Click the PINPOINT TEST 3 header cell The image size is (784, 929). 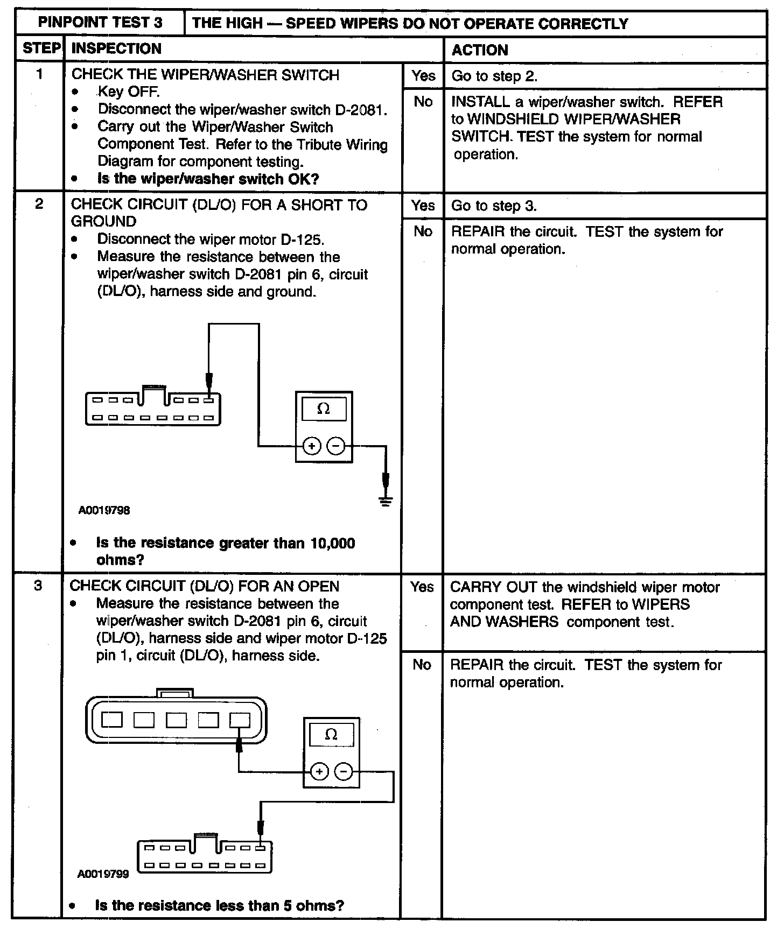[x=100, y=23]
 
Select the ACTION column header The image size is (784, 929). [x=479, y=50]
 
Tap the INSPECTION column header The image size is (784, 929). [x=116, y=48]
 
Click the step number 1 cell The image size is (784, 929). [x=39, y=74]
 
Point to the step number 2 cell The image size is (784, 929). [x=39, y=204]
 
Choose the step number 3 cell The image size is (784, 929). [x=38, y=586]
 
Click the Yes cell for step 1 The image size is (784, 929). [x=423, y=76]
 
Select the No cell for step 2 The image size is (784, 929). [x=423, y=231]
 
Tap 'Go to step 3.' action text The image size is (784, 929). [x=494, y=206]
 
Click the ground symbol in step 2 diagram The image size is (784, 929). [x=386, y=501]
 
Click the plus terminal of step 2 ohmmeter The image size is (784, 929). [x=312, y=446]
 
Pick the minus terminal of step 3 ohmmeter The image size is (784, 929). [x=344, y=771]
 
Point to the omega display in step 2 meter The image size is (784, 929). [x=324, y=409]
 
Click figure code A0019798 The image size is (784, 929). [x=104, y=510]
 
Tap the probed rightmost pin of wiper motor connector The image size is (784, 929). [x=240, y=720]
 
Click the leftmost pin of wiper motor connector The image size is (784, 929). [x=111, y=720]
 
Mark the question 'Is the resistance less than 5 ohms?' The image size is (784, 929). [x=219, y=905]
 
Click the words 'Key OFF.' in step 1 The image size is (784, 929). [x=129, y=92]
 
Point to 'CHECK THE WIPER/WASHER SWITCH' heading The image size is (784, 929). [x=205, y=74]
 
